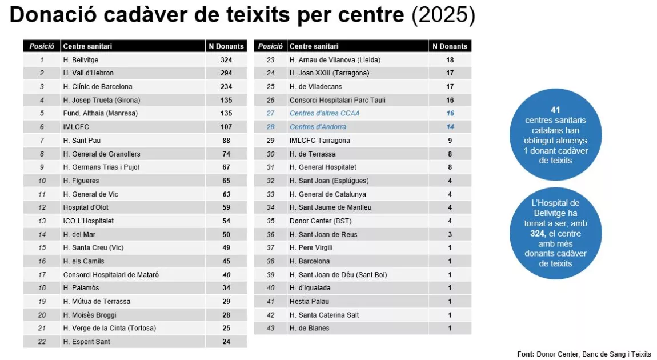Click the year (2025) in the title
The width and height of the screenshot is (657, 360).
pos(443,16)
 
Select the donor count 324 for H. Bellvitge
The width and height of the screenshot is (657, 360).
pos(226,59)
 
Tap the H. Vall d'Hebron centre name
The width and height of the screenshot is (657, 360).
pos(88,73)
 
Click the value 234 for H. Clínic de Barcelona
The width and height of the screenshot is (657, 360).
pos(226,86)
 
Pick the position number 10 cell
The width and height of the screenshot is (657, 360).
pos(42,181)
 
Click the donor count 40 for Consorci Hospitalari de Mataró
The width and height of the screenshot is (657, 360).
pos(226,274)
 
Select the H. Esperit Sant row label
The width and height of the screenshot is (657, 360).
pos(86,342)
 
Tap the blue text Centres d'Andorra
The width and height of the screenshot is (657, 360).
pos(318,127)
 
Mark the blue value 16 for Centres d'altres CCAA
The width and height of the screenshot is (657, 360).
pos(450,113)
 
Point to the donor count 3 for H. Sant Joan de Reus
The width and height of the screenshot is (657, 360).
pos(450,234)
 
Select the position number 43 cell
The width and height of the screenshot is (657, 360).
pos(271,328)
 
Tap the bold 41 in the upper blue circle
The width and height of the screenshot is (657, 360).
pos(555,110)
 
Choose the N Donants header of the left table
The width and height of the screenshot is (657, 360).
pos(226,46)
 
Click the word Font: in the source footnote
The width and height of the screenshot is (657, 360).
pos(526,354)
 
